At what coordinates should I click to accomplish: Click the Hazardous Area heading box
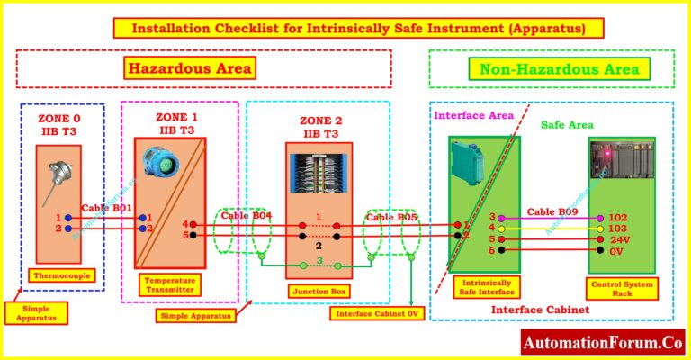189,68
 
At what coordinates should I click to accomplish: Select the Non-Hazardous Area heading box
560,69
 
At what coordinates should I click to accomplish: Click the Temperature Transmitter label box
170,285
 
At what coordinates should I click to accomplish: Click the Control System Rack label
623,289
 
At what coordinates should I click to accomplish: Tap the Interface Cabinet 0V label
376,313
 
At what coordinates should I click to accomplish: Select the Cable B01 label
107,209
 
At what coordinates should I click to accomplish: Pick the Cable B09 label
552,212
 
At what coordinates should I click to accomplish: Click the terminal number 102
617,217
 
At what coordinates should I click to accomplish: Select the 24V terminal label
619,239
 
